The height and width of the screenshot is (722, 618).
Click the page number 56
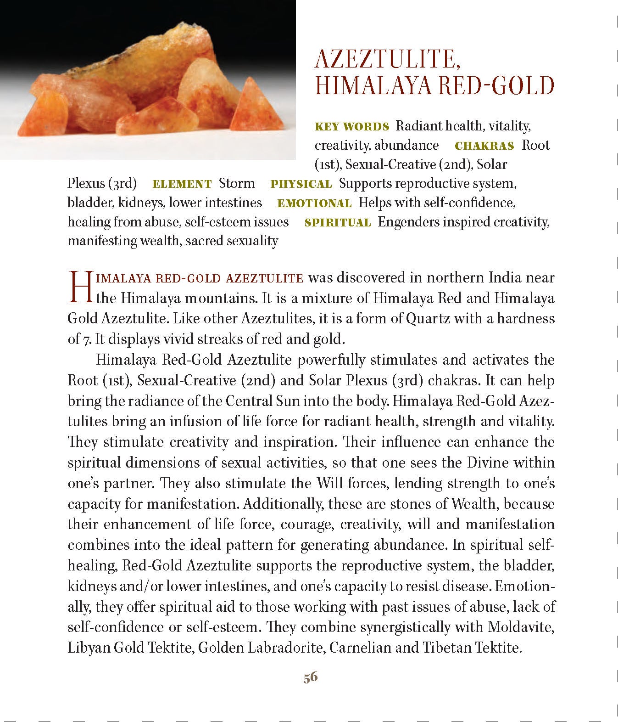(x=310, y=677)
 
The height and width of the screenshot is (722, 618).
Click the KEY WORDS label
(x=352, y=126)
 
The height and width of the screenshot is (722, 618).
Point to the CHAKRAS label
(x=484, y=146)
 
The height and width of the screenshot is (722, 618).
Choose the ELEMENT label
(x=182, y=184)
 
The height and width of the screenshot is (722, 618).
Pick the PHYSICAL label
(x=301, y=184)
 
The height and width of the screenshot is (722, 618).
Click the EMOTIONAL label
(x=315, y=203)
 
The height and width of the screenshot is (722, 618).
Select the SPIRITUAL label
(x=338, y=223)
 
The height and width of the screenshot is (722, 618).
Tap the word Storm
(x=237, y=183)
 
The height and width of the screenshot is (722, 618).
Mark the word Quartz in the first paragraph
(x=428, y=318)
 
